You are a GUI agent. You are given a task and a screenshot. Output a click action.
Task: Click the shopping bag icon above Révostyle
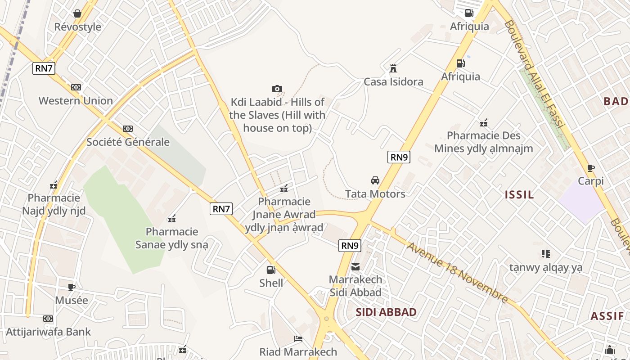coord(77,13)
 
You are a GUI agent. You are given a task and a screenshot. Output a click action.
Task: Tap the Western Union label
coord(76,100)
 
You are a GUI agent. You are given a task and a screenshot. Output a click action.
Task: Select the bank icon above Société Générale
coord(128,129)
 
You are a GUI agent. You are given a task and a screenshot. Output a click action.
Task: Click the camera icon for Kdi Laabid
coord(277,89)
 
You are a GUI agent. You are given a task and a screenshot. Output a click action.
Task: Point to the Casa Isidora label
coord(393,82)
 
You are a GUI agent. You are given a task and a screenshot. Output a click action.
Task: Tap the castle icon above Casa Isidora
coord(393,68)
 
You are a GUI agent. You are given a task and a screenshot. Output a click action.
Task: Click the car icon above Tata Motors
coord(375,180)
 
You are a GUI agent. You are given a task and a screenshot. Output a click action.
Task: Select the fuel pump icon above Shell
coord(271,270)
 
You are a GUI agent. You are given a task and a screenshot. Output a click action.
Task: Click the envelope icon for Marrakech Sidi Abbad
coord(355,267)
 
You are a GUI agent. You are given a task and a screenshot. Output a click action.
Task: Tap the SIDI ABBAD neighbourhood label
coord(386,312)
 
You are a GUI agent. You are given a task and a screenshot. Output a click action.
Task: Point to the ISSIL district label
coord(519,195)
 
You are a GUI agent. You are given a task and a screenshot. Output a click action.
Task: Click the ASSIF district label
coord(607,316)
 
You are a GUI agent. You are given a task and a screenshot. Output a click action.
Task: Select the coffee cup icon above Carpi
coord(591,168)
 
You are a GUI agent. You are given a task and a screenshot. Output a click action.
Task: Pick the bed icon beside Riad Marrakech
coord(298,339)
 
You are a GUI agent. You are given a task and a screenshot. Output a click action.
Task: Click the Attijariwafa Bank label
coord(48,332)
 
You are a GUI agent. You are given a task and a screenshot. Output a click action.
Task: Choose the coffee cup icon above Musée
coord(71,287)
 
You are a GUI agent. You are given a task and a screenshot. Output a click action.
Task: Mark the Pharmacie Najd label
coord(54,204)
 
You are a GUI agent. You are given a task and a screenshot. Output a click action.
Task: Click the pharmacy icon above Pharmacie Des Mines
coord(484,122)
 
